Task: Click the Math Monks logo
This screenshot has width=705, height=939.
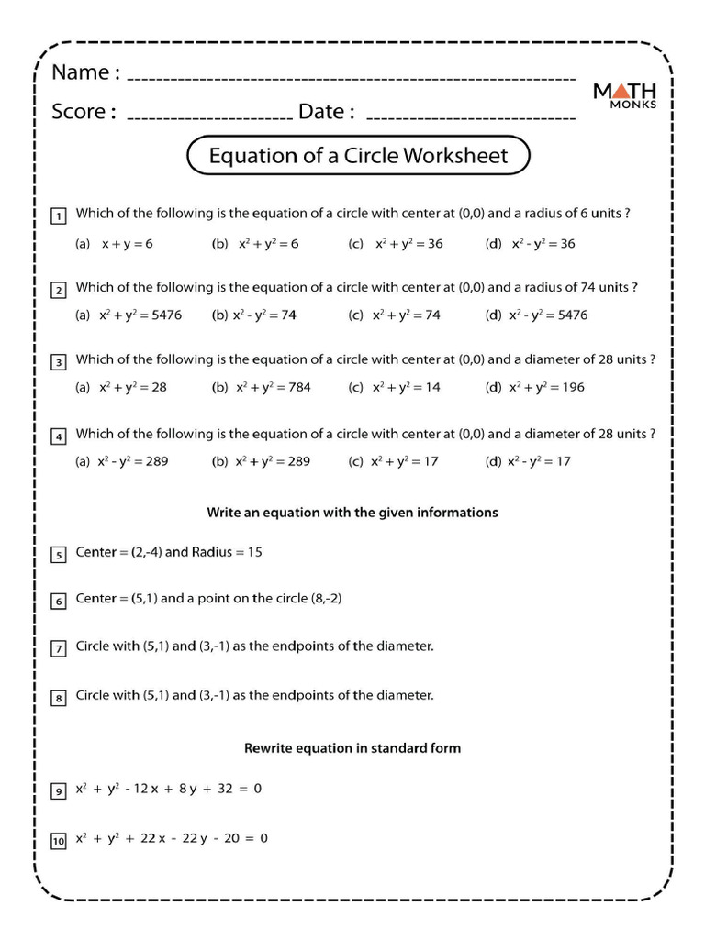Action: pyautogui.click(x=624, y=94)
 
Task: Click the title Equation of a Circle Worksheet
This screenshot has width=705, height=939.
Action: pyautogui.click(x=358, y=156)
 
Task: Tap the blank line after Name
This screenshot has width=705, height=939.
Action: pyautogui.click(x=351, y=77)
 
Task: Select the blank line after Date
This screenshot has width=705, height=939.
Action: pyautogui.click(x=471, y=118)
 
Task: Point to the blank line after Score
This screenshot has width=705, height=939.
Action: pyautogui.click(x=208, y=118)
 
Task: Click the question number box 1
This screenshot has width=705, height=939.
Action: pyautogui.click(x=58, y=216)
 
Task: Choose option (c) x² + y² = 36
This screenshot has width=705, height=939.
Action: pyautogui.click(x=397, y=244)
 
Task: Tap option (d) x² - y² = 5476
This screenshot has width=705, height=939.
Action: pyautogui.click(x=537, y=315)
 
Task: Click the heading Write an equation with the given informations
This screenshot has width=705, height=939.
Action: pyautogui.click(x=352, y=513)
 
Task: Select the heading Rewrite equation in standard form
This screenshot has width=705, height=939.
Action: pyautogui.click(x=352, y=748)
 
